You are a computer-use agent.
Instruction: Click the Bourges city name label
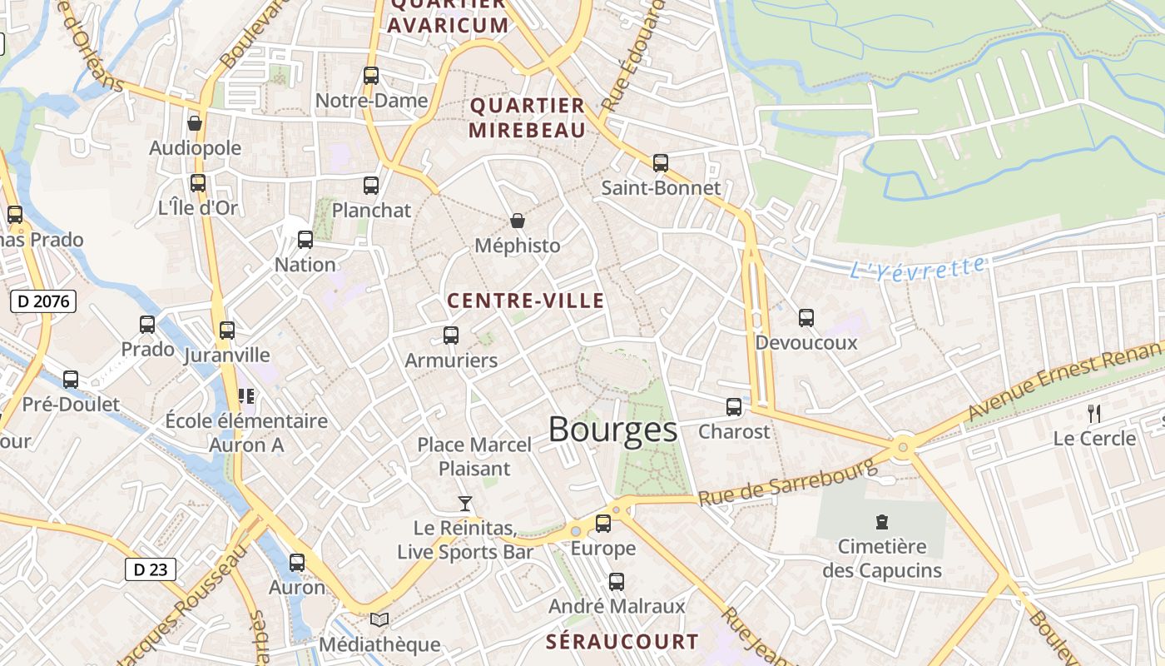(x=612, y=430)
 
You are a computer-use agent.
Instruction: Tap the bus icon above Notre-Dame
(x=371, y=76)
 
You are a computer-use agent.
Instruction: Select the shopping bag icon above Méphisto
(x=518, y=221)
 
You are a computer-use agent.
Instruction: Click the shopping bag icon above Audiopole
(x=195, y=123)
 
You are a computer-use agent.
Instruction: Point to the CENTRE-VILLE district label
(x=525, y=301)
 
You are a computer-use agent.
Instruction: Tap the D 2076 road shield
(x=43, y=301)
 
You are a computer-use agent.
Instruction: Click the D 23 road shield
(x=150, y=569)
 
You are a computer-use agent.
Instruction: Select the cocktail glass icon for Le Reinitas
(x=465, y=504)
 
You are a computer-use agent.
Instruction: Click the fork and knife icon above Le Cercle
(x=1094, y=413)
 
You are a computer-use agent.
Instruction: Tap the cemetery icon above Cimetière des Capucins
(x=881, y=522)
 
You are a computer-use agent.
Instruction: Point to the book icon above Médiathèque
(x=379, y=619)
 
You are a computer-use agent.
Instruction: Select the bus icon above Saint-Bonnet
(x=661, y=163)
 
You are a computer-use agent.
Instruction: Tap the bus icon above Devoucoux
(x=806, y=317)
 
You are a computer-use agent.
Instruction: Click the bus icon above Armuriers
(x=451, y=335)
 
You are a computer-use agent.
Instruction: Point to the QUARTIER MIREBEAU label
(x=528, y=117)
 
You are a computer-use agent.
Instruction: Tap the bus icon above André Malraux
(x=617, y=582)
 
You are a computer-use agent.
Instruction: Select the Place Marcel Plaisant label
(x=474, y=456)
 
